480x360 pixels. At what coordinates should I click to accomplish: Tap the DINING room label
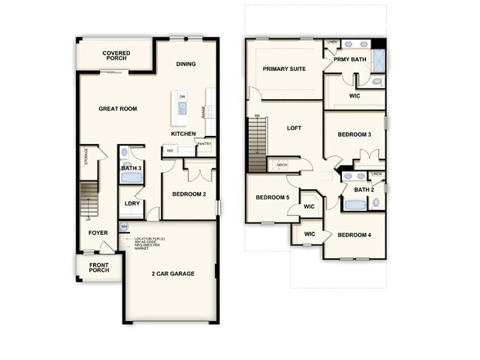(x=186, y=64)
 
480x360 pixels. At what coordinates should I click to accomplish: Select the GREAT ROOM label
(x=118, y=109)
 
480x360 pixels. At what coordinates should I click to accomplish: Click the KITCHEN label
(x=184, y=134)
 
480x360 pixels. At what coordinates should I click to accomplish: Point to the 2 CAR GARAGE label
(x=174, y=274)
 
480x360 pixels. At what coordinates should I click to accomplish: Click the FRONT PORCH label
(x=99, y=267)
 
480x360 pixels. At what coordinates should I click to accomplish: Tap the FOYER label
(x=98, y=233)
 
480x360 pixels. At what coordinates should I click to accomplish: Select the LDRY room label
(x=132, y=203)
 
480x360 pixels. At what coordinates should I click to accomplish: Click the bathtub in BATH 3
(x=131, y=177)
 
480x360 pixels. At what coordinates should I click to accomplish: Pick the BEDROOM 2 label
(x=189, y=194)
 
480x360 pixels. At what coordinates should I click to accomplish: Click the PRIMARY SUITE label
(x=285, y=69)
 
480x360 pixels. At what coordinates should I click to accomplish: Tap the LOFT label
(x=294, y=128)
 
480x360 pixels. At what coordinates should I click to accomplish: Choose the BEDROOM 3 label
(x=354, y=135)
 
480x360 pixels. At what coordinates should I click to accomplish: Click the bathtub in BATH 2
(x=354, y=204)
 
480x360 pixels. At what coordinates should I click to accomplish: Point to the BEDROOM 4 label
(x=354, y=235)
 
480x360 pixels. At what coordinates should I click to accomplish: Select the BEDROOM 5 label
(x=272, y=197)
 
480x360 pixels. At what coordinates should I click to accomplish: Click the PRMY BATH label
(x=350, y=59)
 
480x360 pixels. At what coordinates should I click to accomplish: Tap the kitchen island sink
(x=182, y=108)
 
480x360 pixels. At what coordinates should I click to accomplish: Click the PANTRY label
(x=204, y=143)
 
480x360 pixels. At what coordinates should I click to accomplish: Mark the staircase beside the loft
(x=256, y=143)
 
